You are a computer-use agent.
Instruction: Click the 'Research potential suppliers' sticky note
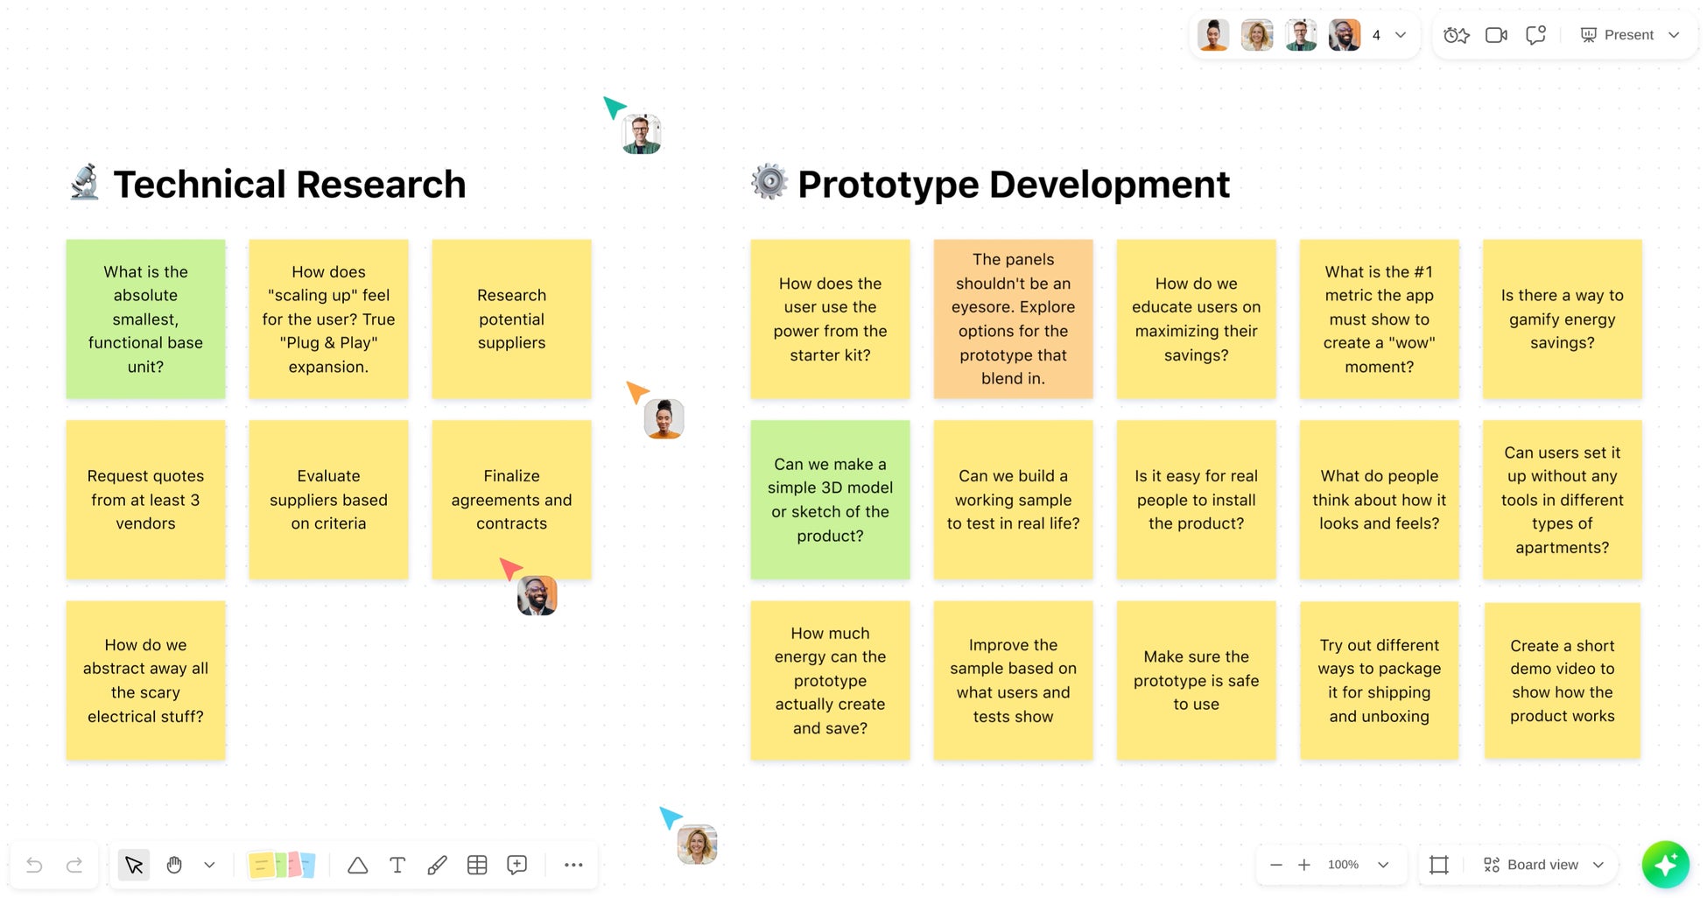pos(511,319)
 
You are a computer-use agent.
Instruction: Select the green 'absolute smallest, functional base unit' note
pos(145,319)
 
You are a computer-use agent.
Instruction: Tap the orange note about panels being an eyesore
pos(1013,319)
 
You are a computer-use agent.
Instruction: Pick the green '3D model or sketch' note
pos(830,500)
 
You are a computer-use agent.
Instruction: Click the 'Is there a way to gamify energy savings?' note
pos(1562,319)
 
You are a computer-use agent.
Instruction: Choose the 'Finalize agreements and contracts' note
pos(511,500)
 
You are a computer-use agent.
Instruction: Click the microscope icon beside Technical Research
pos(85,182)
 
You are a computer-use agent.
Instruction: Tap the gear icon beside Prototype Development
pos(769,181)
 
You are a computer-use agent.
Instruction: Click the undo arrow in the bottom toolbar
pos(35,865)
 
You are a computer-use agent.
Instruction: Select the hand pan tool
pos(174,865)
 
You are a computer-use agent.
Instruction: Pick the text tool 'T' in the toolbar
pos(397,865)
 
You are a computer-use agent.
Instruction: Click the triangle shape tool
pos(357,865)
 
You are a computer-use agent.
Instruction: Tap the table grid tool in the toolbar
pos(477,865)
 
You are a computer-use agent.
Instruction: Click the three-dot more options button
pos(573,865)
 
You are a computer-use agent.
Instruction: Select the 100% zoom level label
pos(1343,865)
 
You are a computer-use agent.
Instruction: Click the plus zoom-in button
pos(1303,865)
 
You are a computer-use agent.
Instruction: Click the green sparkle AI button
pos(1665,865)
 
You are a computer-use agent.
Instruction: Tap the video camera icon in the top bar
pos(1496,35)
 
